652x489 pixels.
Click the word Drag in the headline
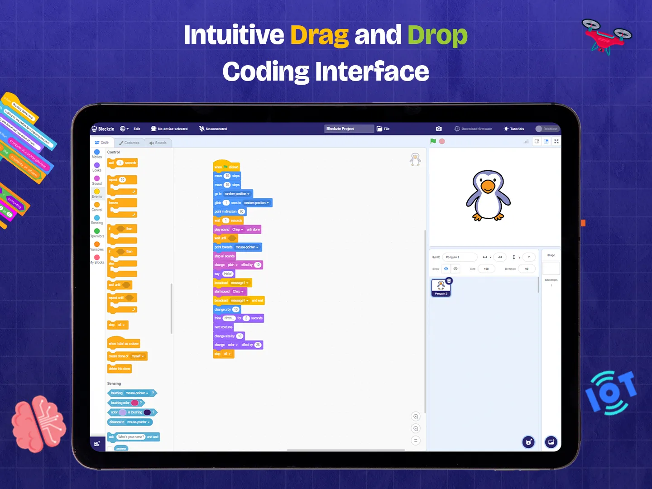click(319, 35)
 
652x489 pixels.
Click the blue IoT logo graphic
click(611, 392)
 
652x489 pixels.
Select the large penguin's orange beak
click(488, 186)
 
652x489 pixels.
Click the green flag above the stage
click(433, 141)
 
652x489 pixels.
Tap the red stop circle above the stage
click(442, 141)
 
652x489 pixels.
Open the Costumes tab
click(129, 143)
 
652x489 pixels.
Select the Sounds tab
click(158, 143)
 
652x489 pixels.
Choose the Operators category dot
click(97, 231)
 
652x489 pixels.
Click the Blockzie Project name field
click(349, 129)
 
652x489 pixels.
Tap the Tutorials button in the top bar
click(514, 129)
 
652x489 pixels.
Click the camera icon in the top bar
click(439, 129)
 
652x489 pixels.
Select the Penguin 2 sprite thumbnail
click(441, 287)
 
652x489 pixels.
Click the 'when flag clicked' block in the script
click(226, 167)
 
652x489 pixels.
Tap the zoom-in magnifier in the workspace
click(416, 417)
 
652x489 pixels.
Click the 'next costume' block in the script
click(224, 327)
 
